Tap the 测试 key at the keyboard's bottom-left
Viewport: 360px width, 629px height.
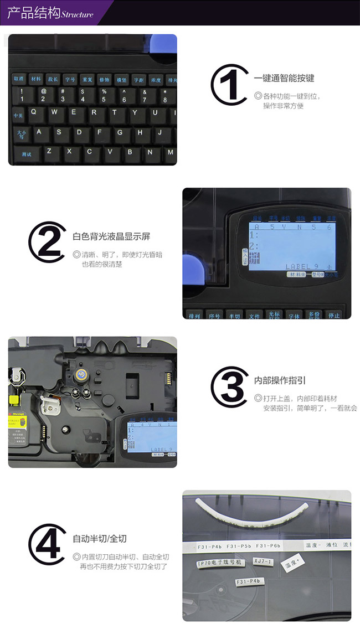[x=26, y=153]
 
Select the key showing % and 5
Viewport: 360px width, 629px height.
[x=104, y=95]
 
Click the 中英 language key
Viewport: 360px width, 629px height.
[x=18, y=115]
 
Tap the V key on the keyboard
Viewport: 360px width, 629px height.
[x=110, y=151]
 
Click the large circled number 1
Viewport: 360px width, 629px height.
[x=229, y=85]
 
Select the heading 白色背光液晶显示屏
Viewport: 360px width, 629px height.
[x=111, y=236]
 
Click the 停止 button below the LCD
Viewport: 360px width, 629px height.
[x=334, y=315]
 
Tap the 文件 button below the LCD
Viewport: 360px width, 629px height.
[x=254, y=316]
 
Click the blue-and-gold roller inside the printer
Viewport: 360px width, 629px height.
[x=81, y=374]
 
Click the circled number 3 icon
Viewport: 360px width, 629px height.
[x=229, y=386]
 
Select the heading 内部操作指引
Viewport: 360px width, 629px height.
[x=280, y=380]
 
